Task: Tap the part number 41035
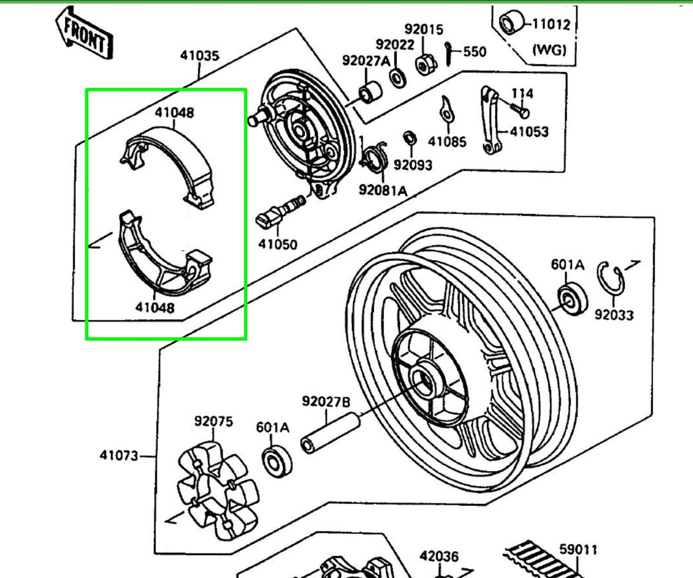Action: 200,56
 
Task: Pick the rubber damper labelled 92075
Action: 218,491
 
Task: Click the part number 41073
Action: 119,455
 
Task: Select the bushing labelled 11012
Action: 511,22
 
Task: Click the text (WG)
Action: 549,50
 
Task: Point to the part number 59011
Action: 578,549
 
